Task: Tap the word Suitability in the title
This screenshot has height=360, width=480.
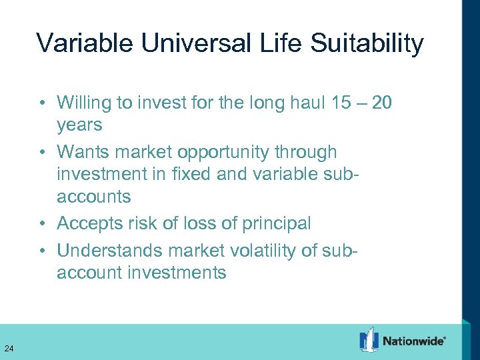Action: coord(364,43)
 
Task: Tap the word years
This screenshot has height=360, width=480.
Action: coord(79,125)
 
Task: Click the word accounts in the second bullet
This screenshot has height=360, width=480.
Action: coord(93,197)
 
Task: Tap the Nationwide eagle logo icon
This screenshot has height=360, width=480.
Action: coord(369,340)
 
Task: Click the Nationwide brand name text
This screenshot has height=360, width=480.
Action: coord(413,341)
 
